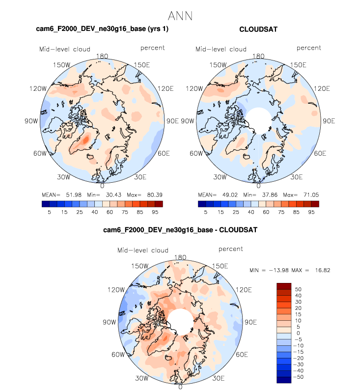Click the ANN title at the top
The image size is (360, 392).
(180, 15)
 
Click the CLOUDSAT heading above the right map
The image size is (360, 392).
(258, 29)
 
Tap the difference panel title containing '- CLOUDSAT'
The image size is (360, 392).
(180, 229)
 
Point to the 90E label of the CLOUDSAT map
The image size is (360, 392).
(324, 121)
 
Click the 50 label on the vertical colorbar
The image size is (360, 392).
(298, 289)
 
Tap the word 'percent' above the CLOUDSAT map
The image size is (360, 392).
(308, 48)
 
